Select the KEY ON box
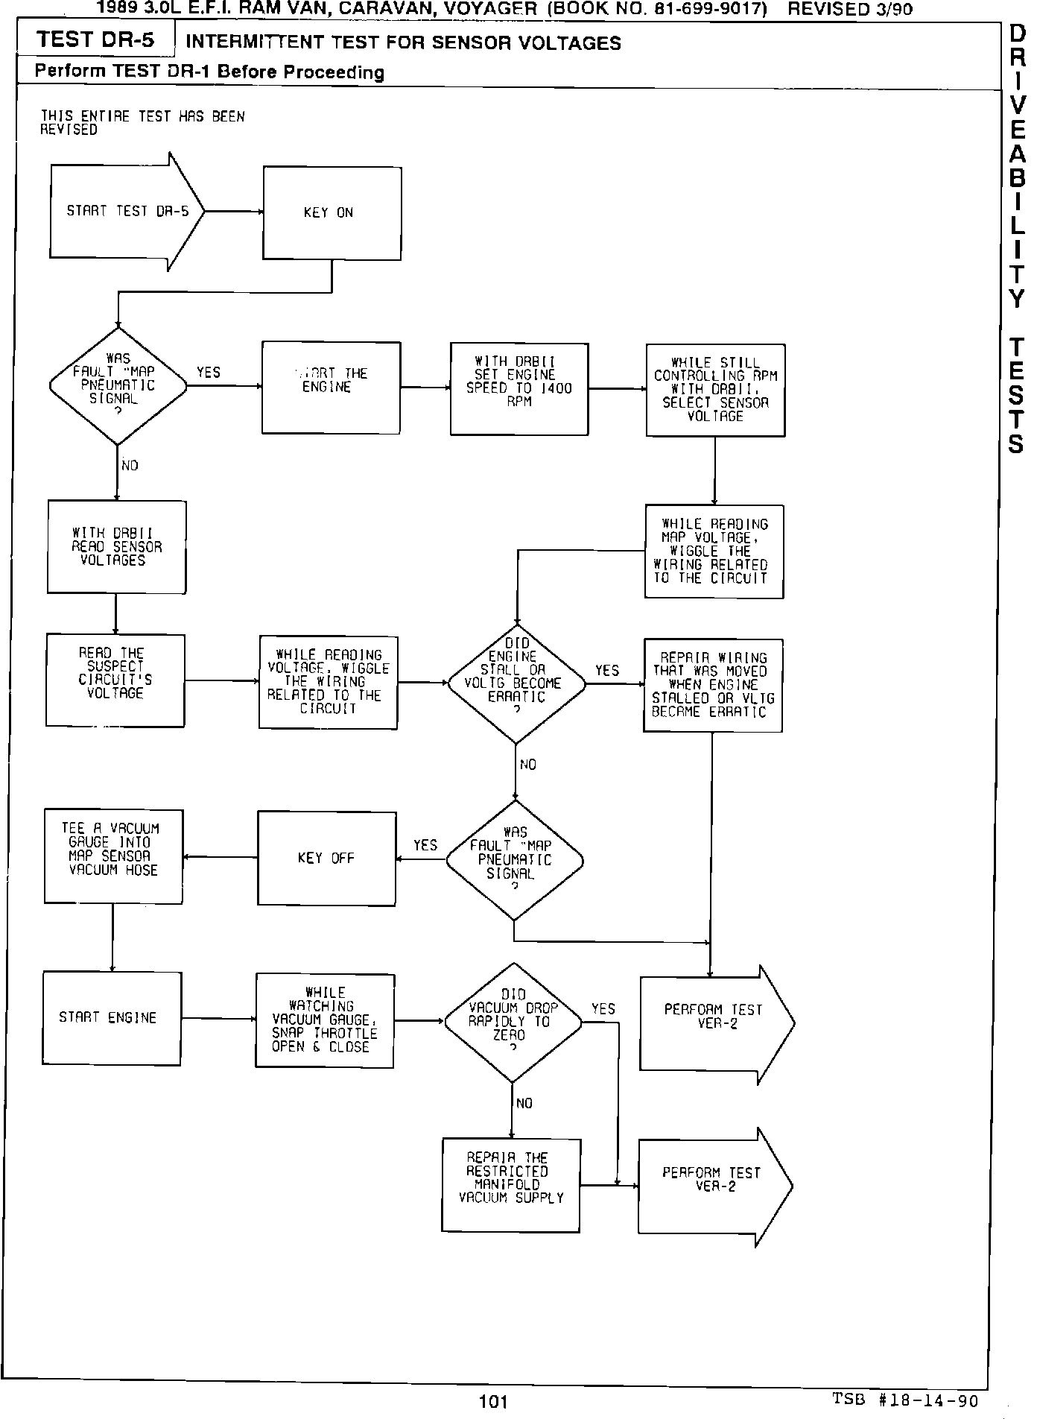pyautogui.click(x=332, y=213)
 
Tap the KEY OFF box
pyautogui.click(x=326, y=859)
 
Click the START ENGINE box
pyautogui.click(x=112, y=1018)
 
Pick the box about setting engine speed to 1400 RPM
pyautogui.click(x=519, y=388)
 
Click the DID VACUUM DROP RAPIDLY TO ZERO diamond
pyautogui.click(x=513, y=1022)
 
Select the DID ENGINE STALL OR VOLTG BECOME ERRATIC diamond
pyautogui.click(x=516, y=683)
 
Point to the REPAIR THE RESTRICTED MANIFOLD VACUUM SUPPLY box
pyautogui.click(x=510, y=1185)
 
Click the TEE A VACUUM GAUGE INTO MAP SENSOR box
pyautogui.click(x=113, y=856)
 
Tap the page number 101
pyautogui.click(x=493, y=1402)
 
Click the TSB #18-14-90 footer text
pyautogui.click(x=904, y=1400)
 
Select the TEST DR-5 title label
pyautogui.click(x=95, y=39)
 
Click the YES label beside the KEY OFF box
pyautogui.click(x=425, y=845)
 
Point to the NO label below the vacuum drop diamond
pyautogui.click(x=524, y=1104)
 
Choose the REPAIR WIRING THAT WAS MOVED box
pyautogui.click(x=713, y=686)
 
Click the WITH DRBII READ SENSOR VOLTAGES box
pyautogui.click(x=116, y=547)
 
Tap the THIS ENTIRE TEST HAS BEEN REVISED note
pyautogui.click(x=142, y=123)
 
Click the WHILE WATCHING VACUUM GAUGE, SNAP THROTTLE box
pyautogui.click(x=325, y=1020)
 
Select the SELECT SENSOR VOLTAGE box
pyautogui.click(x=715, y=390)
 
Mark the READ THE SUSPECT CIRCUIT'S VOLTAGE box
pyautogui.click(x=115, y=680)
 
